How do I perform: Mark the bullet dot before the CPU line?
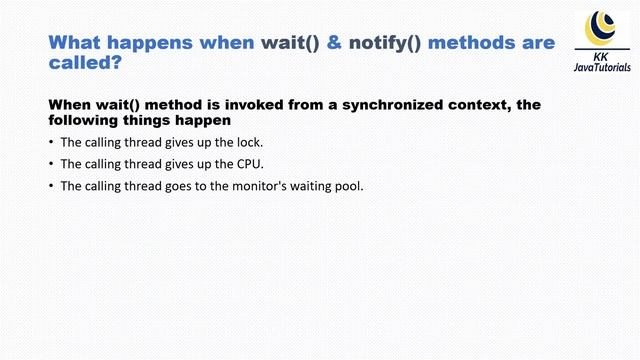(x=51, y=163)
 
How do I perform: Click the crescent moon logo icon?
(x=602, y=22)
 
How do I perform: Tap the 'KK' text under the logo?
(x=602, y=56)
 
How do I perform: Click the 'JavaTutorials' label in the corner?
(x=602, y=68)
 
